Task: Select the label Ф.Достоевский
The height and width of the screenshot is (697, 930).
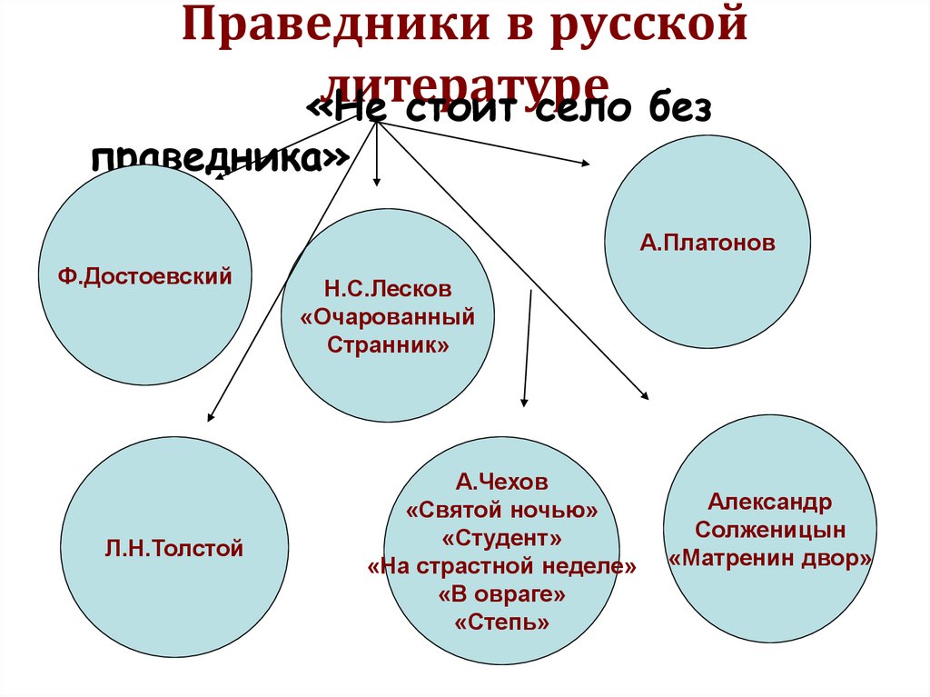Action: click(146, 274)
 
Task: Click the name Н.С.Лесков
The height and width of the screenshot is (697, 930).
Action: click(388, 290)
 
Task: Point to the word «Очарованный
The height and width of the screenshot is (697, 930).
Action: click(388, 317)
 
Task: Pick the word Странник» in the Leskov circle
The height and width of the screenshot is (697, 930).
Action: click(388, 345)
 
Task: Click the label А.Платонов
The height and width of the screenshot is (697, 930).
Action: click(707, 243)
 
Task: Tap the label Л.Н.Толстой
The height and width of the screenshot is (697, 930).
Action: click(174, 548)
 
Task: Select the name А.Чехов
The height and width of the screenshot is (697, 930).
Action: click(502, 482)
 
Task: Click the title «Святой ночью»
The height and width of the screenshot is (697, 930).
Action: click(502, 510)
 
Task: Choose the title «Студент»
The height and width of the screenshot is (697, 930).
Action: click(502, 538)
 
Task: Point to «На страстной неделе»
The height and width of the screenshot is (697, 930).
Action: click(502, 566)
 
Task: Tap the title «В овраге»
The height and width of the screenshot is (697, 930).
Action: click(502, 594)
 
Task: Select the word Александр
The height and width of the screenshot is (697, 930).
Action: click(770, 502)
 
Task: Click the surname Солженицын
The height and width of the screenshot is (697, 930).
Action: click(770, 530)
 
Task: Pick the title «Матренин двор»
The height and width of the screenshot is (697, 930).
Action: click(770, 558)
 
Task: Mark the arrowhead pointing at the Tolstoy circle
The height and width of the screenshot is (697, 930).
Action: click(211, 417)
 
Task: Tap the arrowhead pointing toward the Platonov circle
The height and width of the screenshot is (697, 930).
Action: click(583, 164)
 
